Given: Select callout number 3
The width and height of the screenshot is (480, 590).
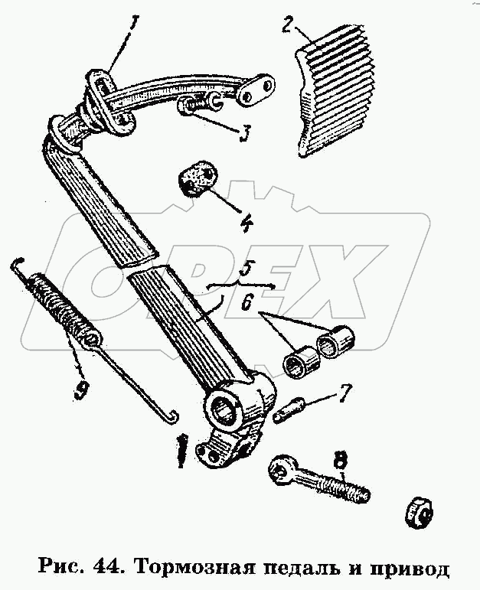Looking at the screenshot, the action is click(244, 135).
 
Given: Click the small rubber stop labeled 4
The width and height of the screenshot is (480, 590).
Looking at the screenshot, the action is click(198, 178).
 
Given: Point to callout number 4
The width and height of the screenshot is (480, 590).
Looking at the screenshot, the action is click(247, 221).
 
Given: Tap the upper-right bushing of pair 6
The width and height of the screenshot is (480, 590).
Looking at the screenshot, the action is click(335, 340).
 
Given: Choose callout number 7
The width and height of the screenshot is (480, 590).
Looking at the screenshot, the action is click(345, 393).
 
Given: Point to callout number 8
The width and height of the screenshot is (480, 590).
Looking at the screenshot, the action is click(340, 460).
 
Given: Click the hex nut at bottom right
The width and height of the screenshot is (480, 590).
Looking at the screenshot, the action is click(419, 513).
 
